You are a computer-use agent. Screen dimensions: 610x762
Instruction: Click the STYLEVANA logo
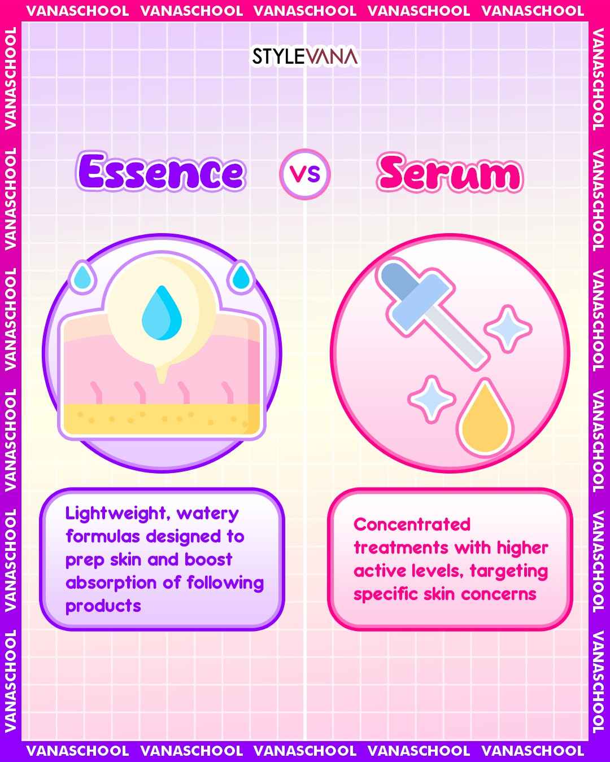click(305, 56)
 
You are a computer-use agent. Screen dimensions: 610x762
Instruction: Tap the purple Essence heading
click(160, 171)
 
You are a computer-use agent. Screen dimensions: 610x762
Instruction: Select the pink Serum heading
click(450, 173)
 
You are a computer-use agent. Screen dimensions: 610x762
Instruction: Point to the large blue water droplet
click(162, 313)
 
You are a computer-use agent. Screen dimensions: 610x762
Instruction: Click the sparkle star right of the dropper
click(508, 329)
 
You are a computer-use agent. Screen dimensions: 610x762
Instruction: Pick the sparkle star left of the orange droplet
click(432, 399)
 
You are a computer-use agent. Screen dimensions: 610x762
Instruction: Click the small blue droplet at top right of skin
click(241, 277)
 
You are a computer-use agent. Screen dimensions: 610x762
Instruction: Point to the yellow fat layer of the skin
click(162, 419)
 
